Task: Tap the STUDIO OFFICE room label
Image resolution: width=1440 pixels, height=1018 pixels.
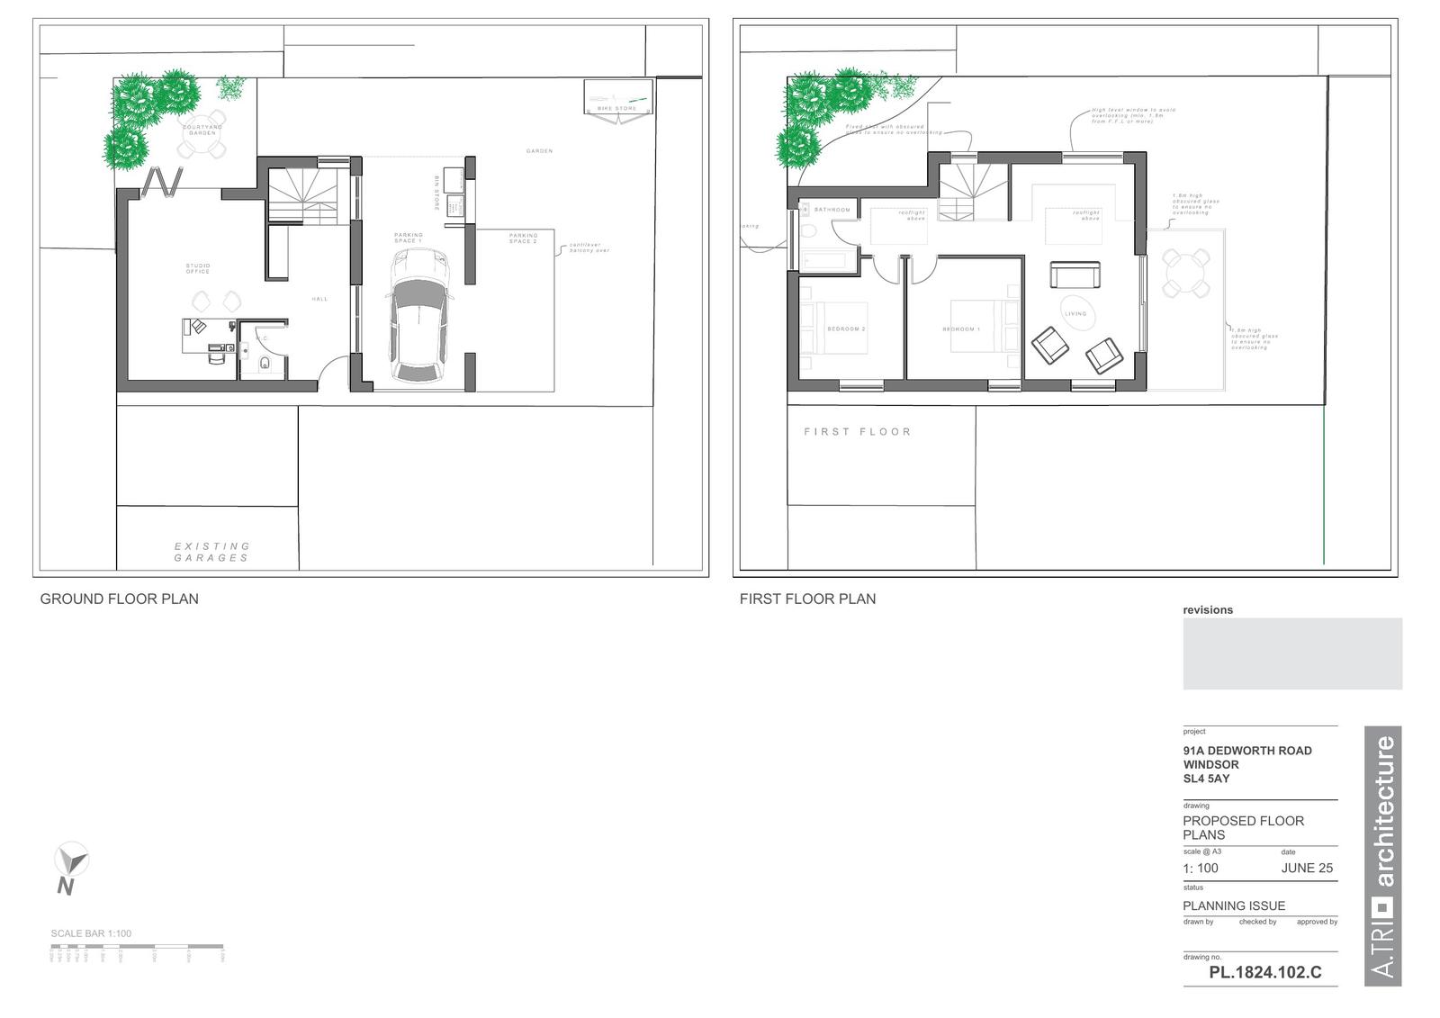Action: [x=198, y=268]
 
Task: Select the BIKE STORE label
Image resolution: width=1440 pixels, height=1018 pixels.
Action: [x=616, y=109]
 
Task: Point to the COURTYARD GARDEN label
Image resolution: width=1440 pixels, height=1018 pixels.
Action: [x=202, y=130]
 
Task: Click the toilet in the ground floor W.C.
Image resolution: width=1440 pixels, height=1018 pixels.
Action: [x=265, y=364]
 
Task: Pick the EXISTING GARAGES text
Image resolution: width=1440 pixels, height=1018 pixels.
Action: [x=211, y=552]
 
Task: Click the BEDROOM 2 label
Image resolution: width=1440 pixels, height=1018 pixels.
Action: [x=846, y=329]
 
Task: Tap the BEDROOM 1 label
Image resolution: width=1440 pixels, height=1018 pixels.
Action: [x=961, y=329]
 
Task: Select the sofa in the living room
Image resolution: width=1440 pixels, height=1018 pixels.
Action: [x=1075, y=275]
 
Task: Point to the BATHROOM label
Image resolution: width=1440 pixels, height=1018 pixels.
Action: [x=832, y=210]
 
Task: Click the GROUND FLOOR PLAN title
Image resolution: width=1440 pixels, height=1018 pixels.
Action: [x=119, y=599]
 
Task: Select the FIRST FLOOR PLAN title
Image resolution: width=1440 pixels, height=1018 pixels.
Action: [x=807, y=599]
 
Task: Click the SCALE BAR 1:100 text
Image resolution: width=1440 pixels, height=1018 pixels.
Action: [x=91, y=933]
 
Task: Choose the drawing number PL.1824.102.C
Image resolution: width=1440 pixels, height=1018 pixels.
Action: [x=1264, y=972]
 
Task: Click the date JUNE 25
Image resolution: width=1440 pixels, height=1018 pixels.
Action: [x=1307, y=869]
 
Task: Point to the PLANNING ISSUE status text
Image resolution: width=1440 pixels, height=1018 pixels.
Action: [x=1234, y=905]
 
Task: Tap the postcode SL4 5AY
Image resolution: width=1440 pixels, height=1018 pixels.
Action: [x=1206, y=779]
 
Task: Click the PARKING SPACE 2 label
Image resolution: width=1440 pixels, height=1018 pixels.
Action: [x=523, y=239]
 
